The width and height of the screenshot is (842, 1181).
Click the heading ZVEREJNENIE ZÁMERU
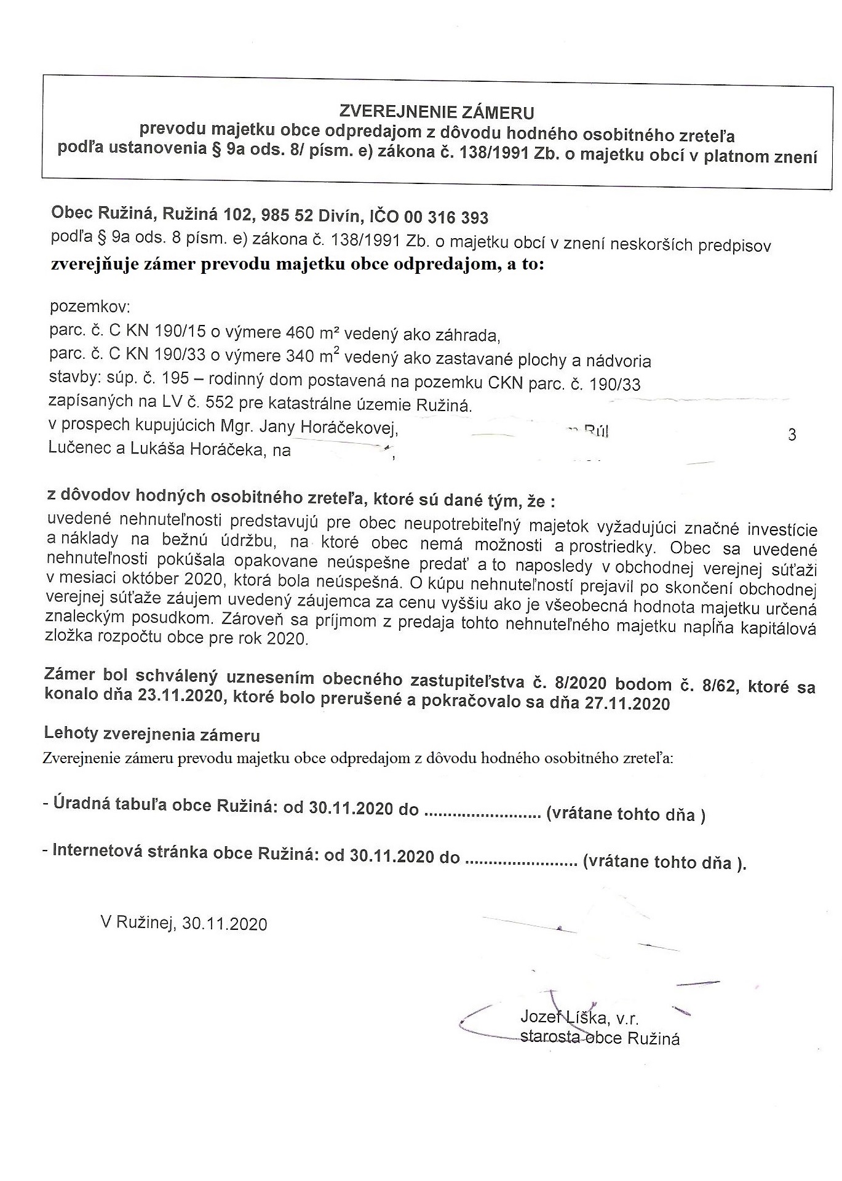(x=437, y=113)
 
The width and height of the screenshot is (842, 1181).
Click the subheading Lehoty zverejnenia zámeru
(x=151, y=735)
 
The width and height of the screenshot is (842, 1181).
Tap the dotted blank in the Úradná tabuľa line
(x=482, y=812)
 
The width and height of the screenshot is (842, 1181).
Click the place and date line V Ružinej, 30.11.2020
(x=184, y=923)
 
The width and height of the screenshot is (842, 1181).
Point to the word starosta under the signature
(x=549, y=1038)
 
